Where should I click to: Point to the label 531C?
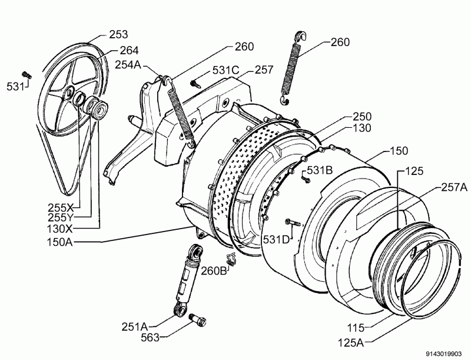(225, 70)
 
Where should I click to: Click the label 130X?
(61, 228)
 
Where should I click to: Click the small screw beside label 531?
(26, 75)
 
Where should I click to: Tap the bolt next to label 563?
(198, 320)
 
